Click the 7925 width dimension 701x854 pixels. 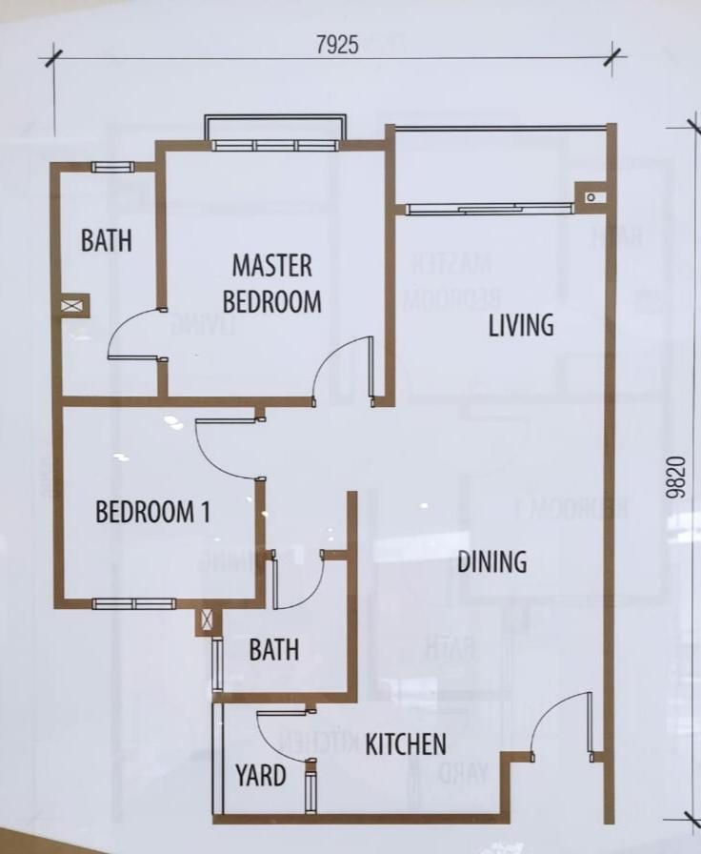tap(337, 45)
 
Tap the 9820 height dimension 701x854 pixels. tap(675, 478)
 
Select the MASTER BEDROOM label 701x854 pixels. tap(272, 284)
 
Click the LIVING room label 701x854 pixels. tap(521, 325)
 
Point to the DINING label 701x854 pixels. tap(492, 561)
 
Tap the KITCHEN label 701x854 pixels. tap(406, 744)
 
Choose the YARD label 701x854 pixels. tap(261, 775)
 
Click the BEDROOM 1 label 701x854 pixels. tap(153, 512)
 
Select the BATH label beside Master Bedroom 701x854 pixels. tap(107, 240)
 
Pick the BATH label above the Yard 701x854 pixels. tap(274, 649)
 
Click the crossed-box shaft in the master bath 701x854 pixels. tap(71, 306)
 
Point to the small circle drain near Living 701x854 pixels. tap(591, 197)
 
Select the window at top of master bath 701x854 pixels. tap(112, 167)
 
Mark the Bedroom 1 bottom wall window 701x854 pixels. tap(134, 603)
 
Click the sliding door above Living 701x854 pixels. tap(490, 209)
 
